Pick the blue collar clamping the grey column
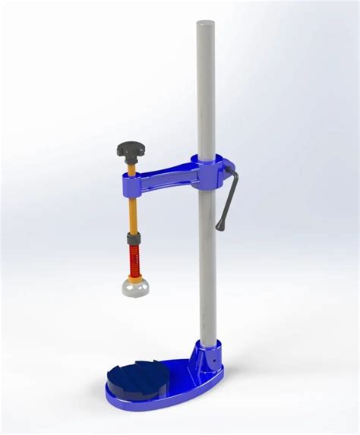[209, 168]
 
